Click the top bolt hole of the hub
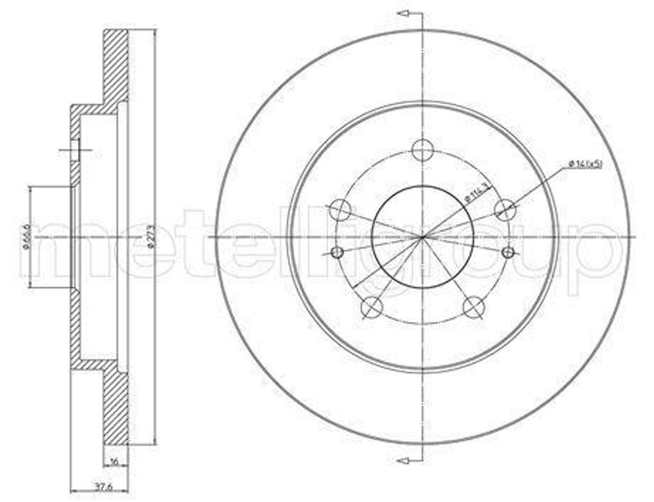(x=422, y=151)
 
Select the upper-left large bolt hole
(x=341, y=209)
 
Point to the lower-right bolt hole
(x=473, y=307)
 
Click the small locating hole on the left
(x=338, y=252)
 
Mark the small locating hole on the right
(x=508, y=252)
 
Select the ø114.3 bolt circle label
(x=476, y=192)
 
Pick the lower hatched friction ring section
(x=116, y=409)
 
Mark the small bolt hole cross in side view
(x=75, y=151)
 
